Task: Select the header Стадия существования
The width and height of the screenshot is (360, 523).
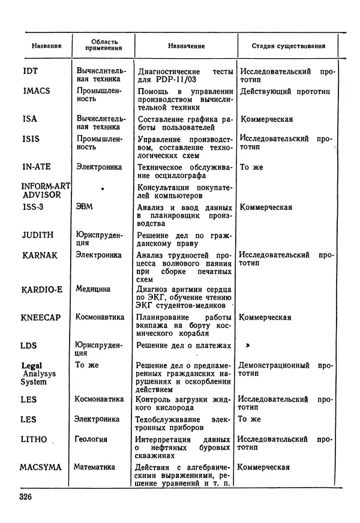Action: click(289, 46)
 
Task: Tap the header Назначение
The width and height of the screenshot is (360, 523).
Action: click(186, 46)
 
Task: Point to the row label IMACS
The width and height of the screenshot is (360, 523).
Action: click(36, 91)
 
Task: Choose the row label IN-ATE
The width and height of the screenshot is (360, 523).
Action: click(37, 167)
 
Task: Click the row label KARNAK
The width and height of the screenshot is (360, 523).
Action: click(40, 256)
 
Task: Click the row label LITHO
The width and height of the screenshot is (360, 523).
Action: click(34, 440)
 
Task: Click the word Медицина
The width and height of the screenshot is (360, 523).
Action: click(93, 289)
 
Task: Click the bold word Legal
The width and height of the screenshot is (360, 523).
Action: click(31, 365)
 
